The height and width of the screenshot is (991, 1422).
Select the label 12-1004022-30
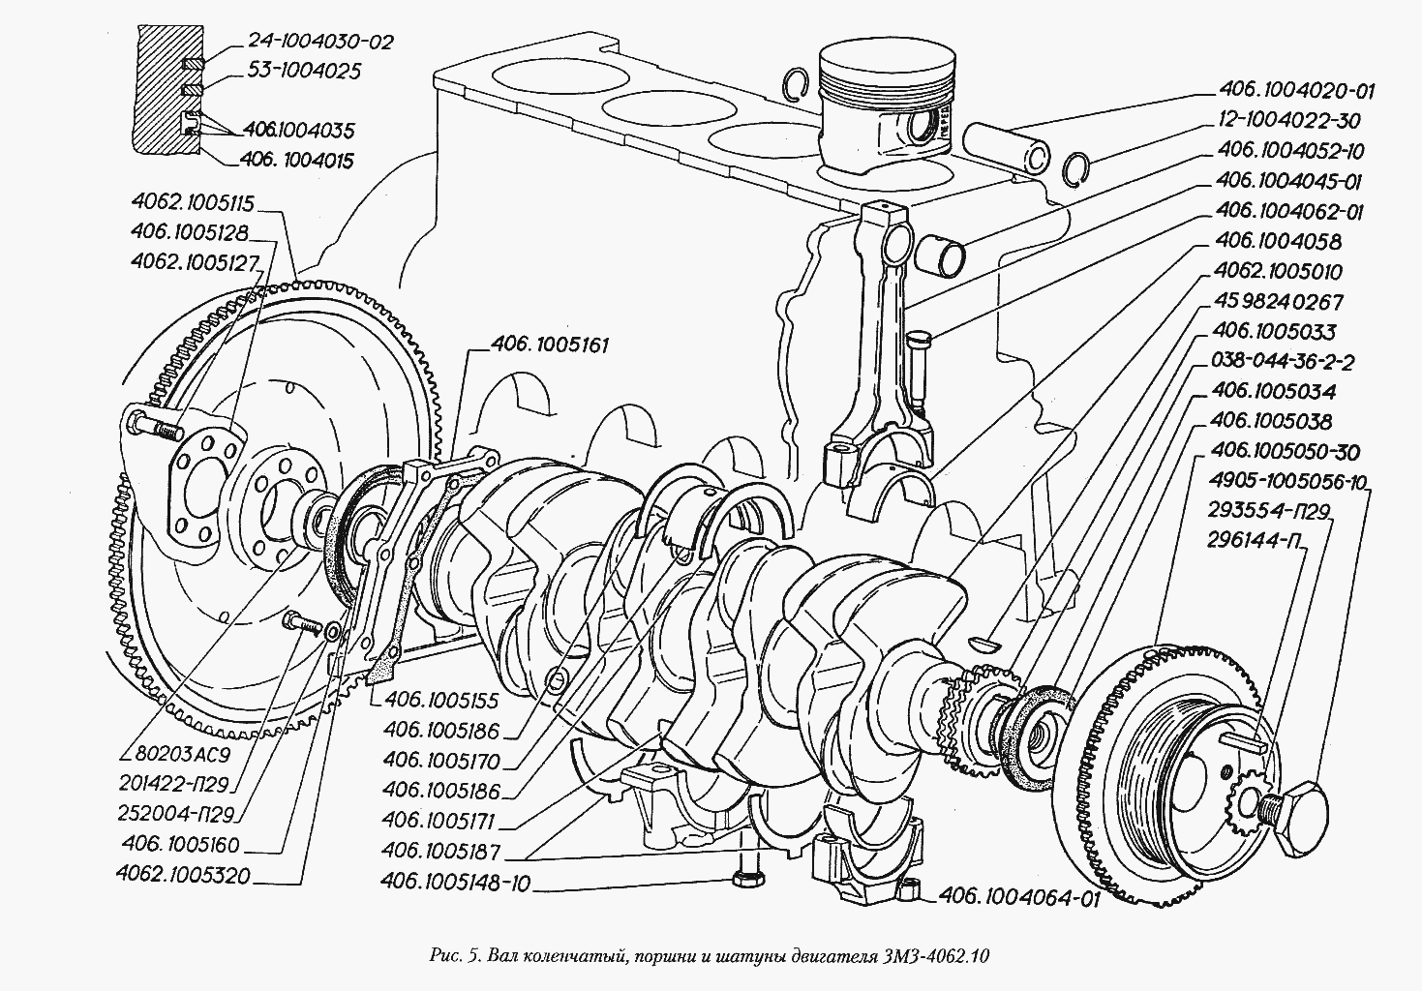coord(1288,122)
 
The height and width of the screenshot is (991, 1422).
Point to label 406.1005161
coord(550,345)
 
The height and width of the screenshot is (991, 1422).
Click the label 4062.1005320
coord(183,877)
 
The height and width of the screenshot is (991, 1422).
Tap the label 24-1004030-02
coord(308,42)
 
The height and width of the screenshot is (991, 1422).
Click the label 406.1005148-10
coord(456,884)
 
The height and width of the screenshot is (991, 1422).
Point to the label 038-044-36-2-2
coord(1281,362)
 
